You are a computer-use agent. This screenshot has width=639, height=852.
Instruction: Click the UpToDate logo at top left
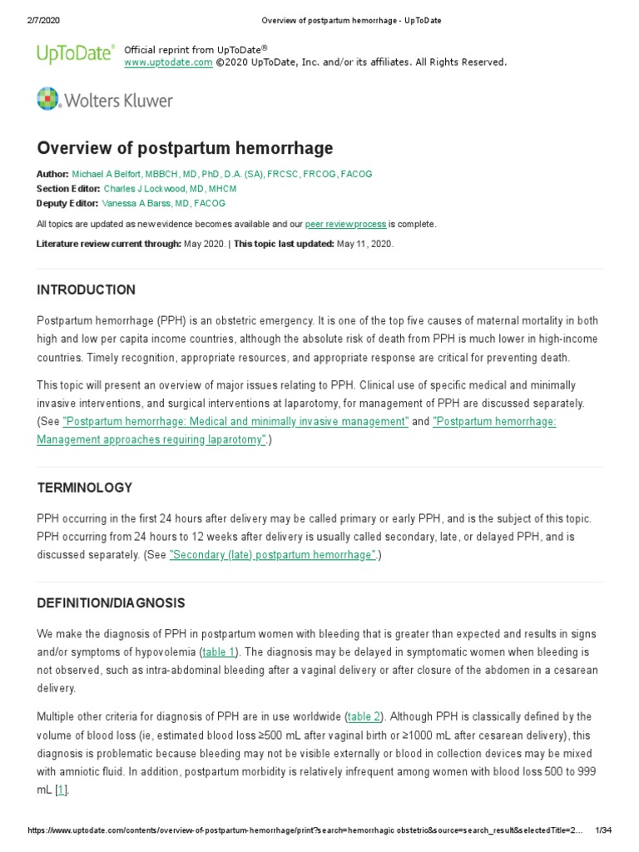pyautogui.click(x=76, y=55)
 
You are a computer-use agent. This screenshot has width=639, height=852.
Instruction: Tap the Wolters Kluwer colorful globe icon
pyautogui.click(x=49, y=99)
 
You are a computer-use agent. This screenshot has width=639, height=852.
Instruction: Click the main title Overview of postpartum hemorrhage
pyautogui.click(x=185, y=148)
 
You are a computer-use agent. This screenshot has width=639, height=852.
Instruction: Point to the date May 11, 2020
pyautogui.click(x=364, y=244)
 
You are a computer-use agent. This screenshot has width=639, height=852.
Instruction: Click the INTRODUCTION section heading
pyautogui.click(x=86, y=290)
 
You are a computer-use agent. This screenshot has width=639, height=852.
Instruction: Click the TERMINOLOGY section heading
pyautogui.click(x=84, y=488)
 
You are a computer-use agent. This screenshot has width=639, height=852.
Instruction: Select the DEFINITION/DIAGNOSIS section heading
pyautogui.click(x=111, y=602)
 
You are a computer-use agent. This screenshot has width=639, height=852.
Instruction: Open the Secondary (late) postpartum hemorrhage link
pyautogui.click(x=273, y=556)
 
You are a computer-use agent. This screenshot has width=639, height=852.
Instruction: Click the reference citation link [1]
pyautogui.click(x=61, y=790)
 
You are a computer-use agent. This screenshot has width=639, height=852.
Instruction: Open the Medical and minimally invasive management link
pyautogui.click(x=235, y=422)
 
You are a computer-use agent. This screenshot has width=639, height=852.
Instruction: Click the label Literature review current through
pyautogui.click(x=108, y=244)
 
